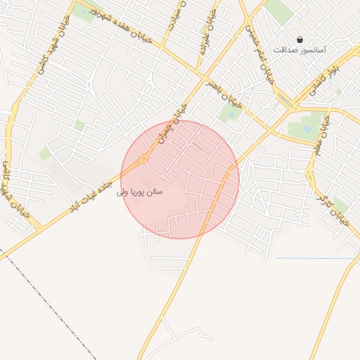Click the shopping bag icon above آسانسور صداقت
pyautogui.click(x=300, y=39)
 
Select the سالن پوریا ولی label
pyautogui.click(x=140, y=191)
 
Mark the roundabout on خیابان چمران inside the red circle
pyautogui.click(x=143, y=159)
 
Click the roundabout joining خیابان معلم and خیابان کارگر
pyautogui.click(x=309, y=171)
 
